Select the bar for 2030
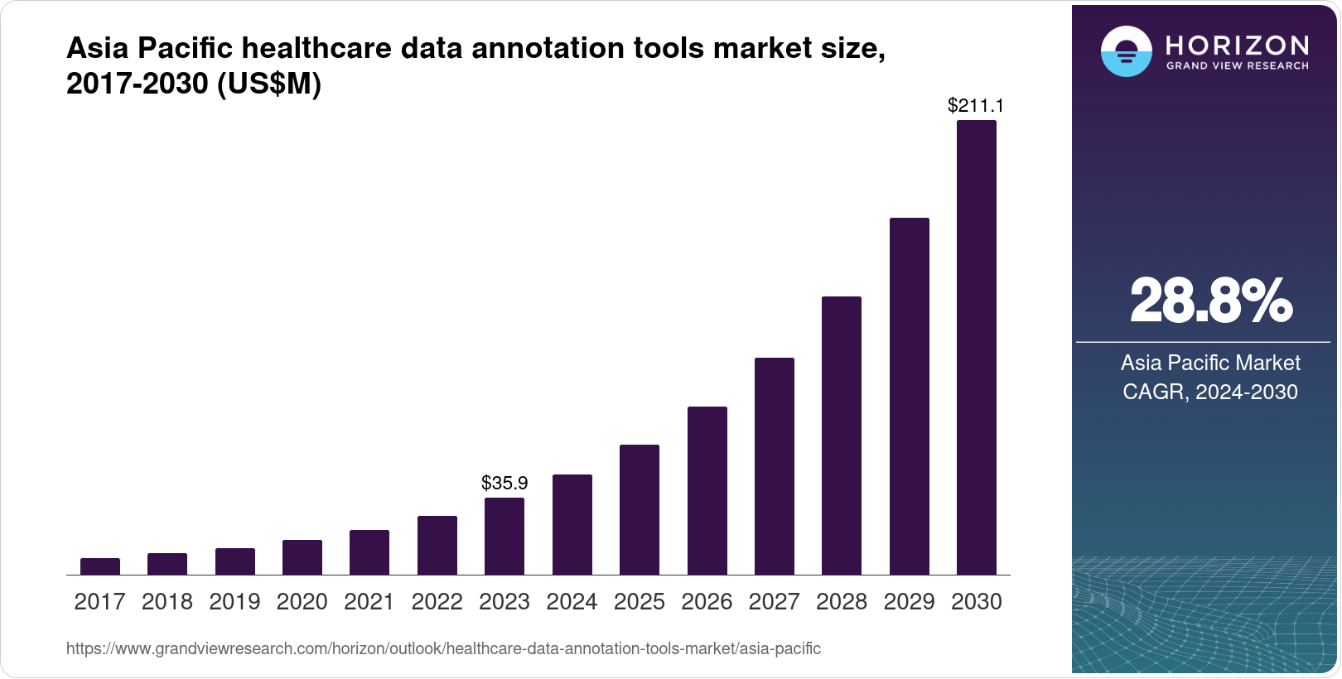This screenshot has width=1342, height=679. click(976, 348)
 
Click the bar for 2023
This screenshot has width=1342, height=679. click(504, 537)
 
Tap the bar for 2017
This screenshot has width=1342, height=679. click(100, 566)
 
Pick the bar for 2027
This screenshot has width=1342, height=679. click(774, 466)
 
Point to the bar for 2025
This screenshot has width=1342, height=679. click(640, 510)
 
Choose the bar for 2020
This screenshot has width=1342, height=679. click(302, 557)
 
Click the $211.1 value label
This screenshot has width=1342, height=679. click(976, 105)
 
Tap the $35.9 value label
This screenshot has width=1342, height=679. click(504, 483)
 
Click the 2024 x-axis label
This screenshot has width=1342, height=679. click(572, 602)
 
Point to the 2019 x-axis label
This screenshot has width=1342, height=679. click(234, 602)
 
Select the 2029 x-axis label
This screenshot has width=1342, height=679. click(909, 602)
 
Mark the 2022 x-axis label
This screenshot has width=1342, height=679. click(437, 602)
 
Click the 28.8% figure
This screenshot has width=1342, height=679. click(1210, 301)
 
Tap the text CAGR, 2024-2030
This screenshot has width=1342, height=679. click(1210, 392)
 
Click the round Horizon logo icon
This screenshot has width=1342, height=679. click(1126, 51)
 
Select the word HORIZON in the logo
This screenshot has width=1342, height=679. click(1237, 45)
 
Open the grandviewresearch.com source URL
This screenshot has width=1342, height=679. click(443, 649)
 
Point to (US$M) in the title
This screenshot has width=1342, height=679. click(268, 84)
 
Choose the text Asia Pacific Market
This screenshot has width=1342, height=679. click(1210, 363)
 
